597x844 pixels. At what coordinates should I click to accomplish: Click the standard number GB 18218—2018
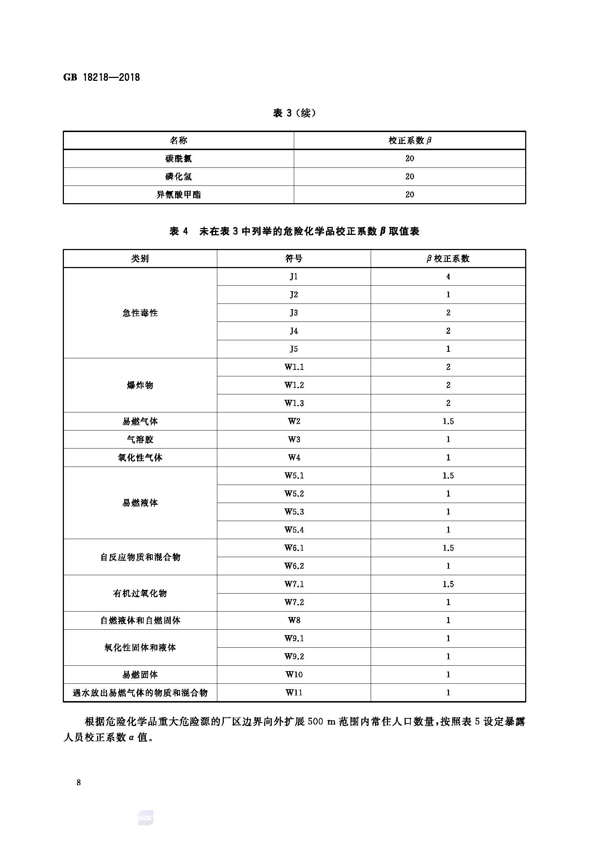coord(101,78)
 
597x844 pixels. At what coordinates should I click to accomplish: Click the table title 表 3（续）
coord(294,113)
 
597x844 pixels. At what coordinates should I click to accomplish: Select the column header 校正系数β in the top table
coord(410,140)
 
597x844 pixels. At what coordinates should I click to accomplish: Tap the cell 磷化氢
coord(178,176)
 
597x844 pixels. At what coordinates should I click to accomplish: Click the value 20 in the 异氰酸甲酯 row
coord(410,194)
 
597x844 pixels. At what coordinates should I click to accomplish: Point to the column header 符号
coord(294,259)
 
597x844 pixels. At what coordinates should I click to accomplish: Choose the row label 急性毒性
coord(140,313)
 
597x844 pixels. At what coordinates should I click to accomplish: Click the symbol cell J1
coord(294,277)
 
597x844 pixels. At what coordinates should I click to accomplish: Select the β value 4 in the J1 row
coord(448,277)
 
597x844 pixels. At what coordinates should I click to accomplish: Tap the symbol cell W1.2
coord(294,385)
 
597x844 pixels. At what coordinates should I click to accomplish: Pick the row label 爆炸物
coord(140,385)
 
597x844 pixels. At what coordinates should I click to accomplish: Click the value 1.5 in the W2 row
coord(448,421)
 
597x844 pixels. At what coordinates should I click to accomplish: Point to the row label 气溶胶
coord(140,439)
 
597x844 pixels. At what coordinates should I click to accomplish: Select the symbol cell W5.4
coord(294,530)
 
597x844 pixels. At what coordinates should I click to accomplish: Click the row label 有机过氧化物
coord(140,593)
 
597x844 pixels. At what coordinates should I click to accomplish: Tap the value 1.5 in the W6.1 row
coord(448,548)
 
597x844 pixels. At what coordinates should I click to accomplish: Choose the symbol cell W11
coord(294,692)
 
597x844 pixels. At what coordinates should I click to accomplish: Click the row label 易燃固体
coord(140,674)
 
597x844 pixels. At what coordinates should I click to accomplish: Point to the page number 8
coord(79,782)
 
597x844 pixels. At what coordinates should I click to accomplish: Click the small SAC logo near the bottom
coord(145,818)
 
